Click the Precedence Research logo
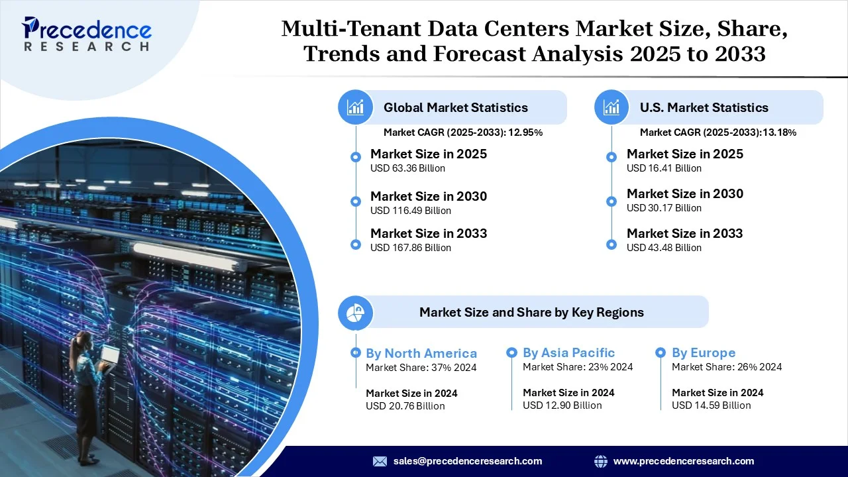87,34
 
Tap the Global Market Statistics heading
455,107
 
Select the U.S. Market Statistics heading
704,107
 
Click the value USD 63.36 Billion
407,168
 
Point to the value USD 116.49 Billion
410,211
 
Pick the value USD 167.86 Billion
410,248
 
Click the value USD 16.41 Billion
664,168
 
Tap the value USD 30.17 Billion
664,208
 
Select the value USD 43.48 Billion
664,248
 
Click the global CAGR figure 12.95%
525,132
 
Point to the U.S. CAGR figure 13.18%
780,132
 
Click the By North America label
421,353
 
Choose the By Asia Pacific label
568,353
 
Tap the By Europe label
704,353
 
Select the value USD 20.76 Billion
405,405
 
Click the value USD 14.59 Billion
711,405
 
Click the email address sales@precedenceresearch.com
468,461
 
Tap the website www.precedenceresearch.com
684,461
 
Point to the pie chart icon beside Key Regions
356,312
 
